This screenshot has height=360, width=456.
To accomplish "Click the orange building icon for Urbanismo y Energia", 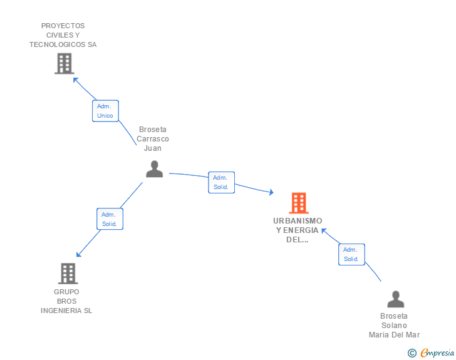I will click(299, 203).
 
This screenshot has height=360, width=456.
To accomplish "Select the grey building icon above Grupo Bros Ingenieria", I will click(68, 274).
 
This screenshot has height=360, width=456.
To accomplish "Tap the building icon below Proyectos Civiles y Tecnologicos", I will click(64, 63).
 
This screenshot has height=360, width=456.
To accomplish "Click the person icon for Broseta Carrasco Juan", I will click(154, 169).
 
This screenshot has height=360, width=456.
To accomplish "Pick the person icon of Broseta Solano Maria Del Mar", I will click(395, 299).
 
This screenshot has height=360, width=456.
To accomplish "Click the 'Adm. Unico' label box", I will click(105, 111).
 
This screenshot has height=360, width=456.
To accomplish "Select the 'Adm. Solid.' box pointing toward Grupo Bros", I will click(110, 219).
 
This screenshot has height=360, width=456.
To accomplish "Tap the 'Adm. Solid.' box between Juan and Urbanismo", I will click(221, 182).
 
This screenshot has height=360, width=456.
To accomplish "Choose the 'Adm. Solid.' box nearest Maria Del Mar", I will click(351, 254).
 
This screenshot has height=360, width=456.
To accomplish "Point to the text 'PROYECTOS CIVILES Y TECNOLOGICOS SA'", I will click(63, 35).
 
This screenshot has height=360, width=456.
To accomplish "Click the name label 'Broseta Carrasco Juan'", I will click(153, 139).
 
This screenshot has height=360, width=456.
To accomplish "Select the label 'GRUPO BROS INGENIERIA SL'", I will click(66, 301).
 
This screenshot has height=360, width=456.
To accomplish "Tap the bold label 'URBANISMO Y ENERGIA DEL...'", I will click(298, 230).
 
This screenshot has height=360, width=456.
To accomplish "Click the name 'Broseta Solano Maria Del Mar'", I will click(394, 326).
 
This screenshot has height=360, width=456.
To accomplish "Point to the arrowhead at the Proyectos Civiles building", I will click(75, 80).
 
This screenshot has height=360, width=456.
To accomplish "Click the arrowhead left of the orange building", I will click(271, 192).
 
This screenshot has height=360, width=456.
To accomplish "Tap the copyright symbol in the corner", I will click(412, 353).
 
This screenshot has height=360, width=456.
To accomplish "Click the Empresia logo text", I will click(437, 353).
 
